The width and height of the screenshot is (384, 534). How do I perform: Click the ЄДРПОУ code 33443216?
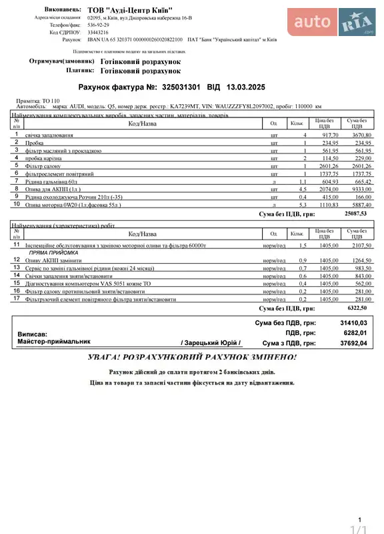pos(99,32)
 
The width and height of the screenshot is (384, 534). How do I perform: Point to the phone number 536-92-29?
pos(98,25)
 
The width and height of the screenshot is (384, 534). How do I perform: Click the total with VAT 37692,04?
pos(353,343)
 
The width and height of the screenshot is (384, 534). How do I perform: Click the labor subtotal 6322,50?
pos(356,308)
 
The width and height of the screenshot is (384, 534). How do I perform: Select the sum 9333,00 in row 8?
pos(359,189)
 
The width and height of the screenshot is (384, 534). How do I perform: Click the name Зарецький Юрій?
pos(211,342)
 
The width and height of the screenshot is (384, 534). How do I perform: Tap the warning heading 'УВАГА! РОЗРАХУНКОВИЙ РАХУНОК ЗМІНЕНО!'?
pos(192,358)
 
